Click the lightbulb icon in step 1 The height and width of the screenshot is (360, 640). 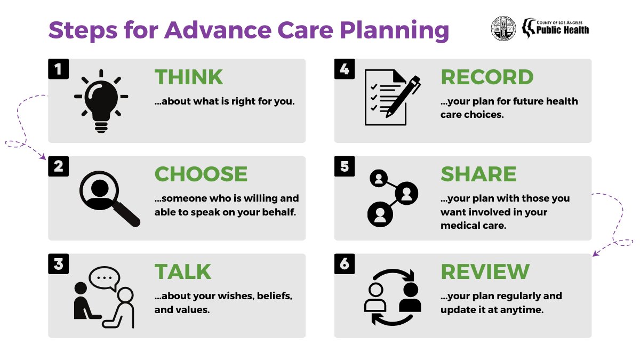(x=101, y=99)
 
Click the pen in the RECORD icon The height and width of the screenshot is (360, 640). (x=403, y=95)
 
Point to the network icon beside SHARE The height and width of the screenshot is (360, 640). (x=393, y=197)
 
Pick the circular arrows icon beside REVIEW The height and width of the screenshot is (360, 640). (x=393, y=297)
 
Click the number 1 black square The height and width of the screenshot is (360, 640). (x=59, y=69)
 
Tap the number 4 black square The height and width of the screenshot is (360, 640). (x=345, y=69)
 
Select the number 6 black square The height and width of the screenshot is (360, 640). (x=345, y=263)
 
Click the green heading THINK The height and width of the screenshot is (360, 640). (x=189, y=77)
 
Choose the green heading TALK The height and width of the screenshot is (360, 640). (x=183, y=272)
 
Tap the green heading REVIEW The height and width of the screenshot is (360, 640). (x=485, y=272)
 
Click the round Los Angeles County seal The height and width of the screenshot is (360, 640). (x=503, y=28)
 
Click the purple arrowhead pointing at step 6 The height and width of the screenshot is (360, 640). (x=596, y=254)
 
